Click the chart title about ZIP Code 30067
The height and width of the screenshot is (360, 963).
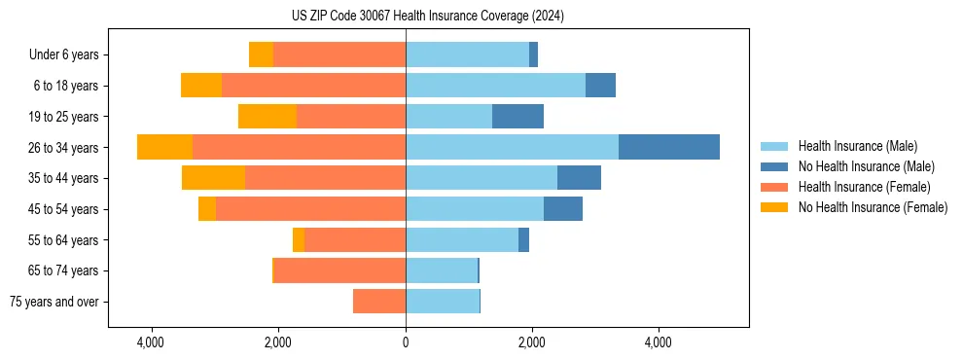[x=427, y=17]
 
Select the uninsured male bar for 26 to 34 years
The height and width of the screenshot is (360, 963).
[x=669, y=147]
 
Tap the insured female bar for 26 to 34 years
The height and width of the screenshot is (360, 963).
[x=299, y=147]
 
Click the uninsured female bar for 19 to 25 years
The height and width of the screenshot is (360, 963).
[x=267, y=116]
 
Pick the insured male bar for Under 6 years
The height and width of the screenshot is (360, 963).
[x=467, y=54]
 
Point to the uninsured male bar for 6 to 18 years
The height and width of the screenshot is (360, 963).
[x=600, y=86]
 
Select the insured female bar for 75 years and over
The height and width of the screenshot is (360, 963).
[x=379, y=302]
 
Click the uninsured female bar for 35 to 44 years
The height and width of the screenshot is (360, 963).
[x=213, y=178]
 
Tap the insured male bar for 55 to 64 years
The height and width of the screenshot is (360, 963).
[x=462, y=239]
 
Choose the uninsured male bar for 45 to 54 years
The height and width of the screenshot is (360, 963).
[x=563, y=209]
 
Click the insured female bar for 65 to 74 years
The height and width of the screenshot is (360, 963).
[x=340, y=270]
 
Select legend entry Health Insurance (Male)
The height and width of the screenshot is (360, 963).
[x=857, y=146]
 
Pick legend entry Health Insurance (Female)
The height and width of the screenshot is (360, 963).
[x=864, y=187]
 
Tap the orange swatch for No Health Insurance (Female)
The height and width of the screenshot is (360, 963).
[x=774, y=207]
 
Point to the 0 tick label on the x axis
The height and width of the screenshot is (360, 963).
[x=406, y=343]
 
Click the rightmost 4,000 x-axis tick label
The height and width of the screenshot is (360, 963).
[x=659, y=343]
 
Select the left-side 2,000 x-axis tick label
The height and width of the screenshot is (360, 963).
[x=278, y=343]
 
